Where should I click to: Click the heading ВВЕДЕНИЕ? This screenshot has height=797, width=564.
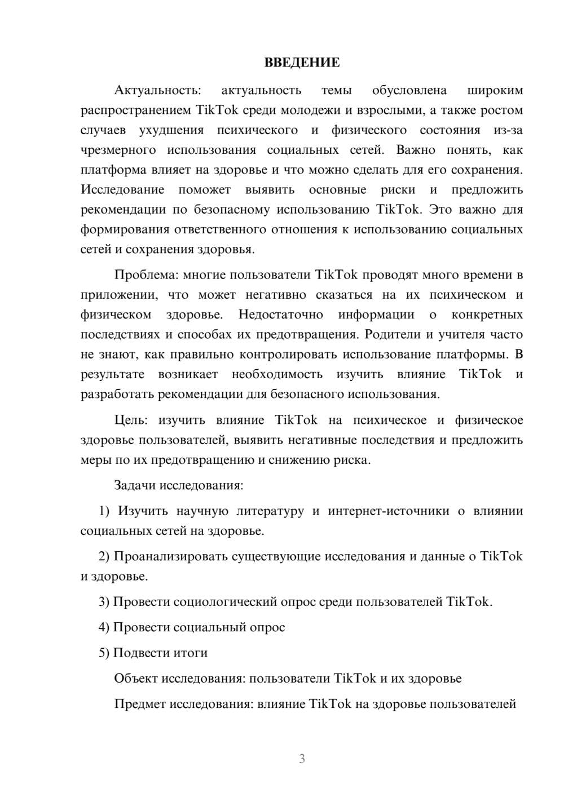pos(302,63)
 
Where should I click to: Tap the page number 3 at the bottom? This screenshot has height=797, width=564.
pos(302,759)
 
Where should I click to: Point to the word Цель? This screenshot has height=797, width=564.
pos(131,420)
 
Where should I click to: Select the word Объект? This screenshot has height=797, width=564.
pos(136,678)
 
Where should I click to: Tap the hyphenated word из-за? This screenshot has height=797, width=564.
pos(508,131)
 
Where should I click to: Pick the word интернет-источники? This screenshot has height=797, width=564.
pos(389,511)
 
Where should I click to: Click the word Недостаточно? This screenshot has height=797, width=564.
pos(280,315)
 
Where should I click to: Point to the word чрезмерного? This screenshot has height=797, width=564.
pos(118,150)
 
